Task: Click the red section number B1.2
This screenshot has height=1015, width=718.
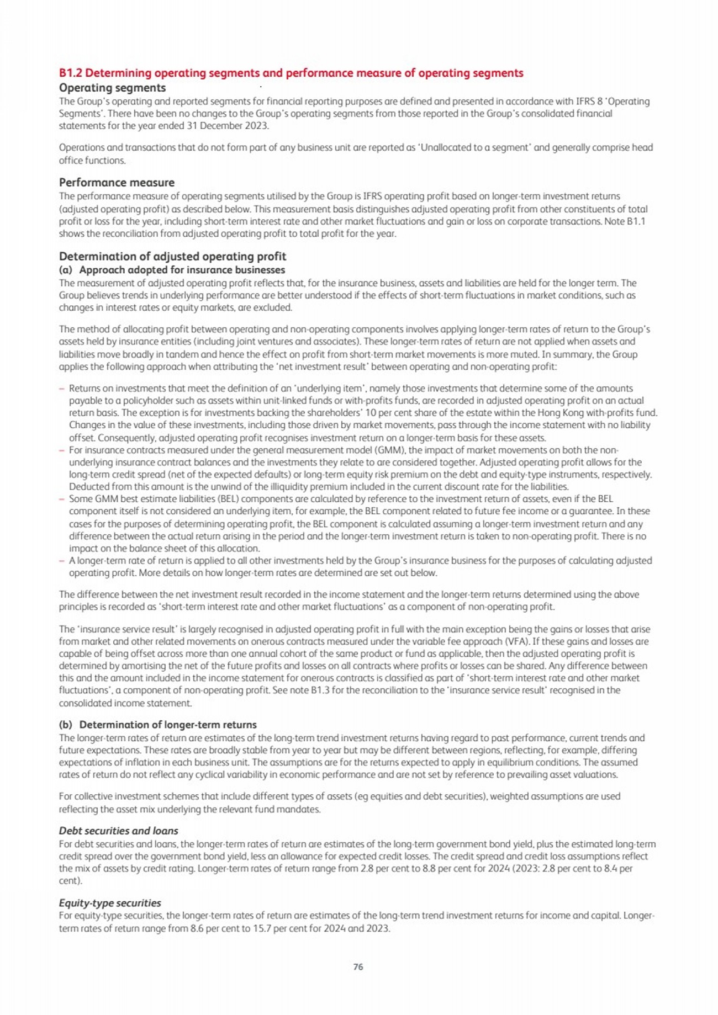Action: (x=71, y=73)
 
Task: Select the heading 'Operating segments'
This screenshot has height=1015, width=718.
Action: (x=112, y=88)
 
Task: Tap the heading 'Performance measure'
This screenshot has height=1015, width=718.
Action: (x=117, y=183)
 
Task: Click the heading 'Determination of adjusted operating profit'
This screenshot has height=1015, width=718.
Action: (x=172, y=256)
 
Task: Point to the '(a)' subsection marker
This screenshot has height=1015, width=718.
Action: (x=65, y=270)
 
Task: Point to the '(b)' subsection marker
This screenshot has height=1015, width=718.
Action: (x=65, y=725)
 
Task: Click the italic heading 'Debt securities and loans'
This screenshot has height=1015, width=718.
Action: (x=118, y=831)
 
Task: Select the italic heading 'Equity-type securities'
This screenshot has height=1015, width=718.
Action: (x=110, y=903)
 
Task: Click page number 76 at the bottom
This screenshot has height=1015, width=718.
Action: (x=358, y=966)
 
